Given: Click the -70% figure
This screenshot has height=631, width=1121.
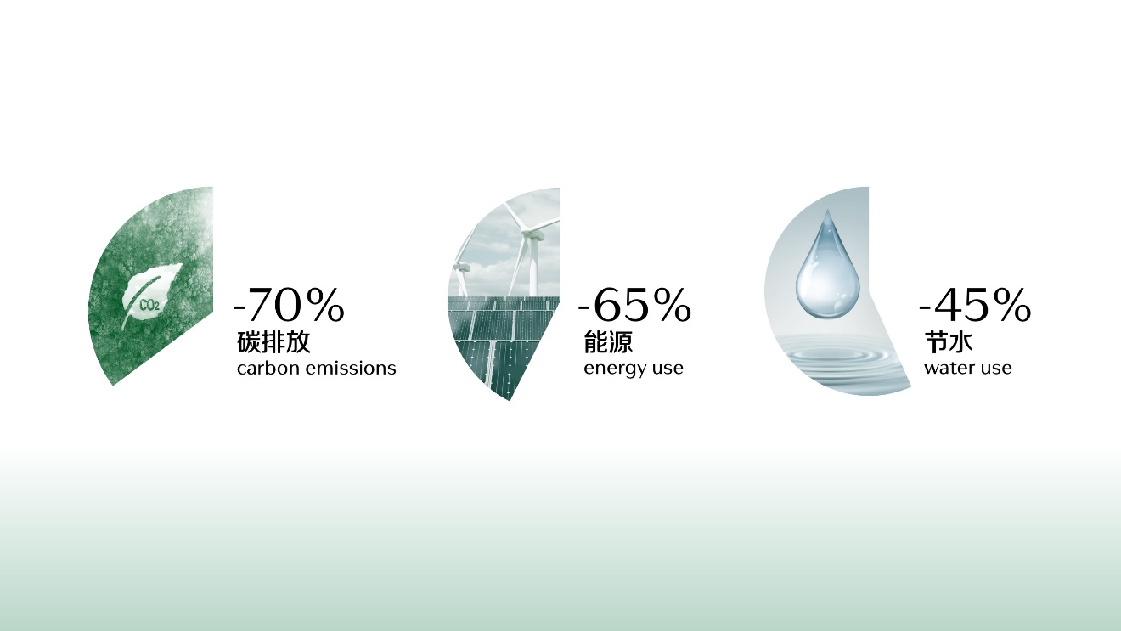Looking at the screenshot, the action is coord(290,304).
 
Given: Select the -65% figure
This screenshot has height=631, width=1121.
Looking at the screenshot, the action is coord(634,304).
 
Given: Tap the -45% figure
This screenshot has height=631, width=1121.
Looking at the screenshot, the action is coord(975,304).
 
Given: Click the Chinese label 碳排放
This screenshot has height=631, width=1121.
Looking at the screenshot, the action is coord(273,342).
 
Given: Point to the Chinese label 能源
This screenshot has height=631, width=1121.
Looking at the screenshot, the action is coord(608,342).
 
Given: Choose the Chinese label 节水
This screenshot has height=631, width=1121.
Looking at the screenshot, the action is coord(949,342).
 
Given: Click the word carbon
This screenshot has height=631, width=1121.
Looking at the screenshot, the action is coord(268,369).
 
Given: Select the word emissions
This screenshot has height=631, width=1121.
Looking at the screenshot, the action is coord(350,369).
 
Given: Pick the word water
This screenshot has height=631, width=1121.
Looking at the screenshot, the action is coord(948,369).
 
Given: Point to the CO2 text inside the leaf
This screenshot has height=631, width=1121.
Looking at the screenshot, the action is coord(149,305).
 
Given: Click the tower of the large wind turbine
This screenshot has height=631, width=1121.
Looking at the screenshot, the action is coord(532,266).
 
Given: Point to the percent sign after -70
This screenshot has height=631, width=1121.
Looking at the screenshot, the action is coord(325,305).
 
